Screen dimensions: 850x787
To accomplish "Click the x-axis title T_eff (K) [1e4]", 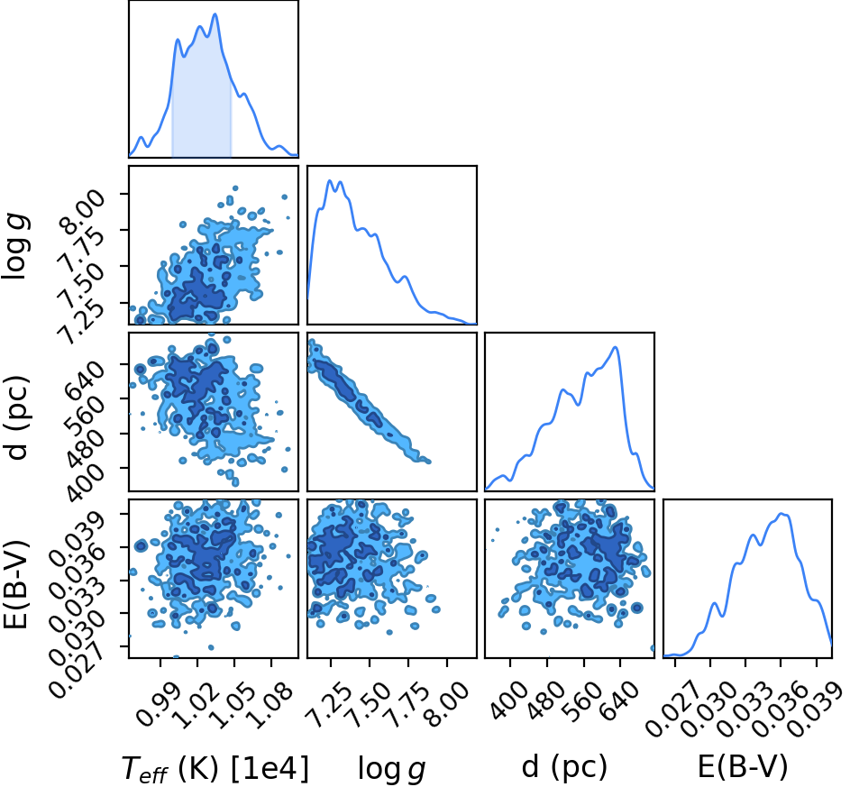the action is (215, 769).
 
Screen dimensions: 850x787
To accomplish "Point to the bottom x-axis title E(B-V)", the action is (742, 767).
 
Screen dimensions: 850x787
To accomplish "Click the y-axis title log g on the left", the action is (16, 247).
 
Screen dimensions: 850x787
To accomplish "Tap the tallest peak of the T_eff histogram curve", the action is (215, 14).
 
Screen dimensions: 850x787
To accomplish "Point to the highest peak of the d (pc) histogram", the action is (615, 347).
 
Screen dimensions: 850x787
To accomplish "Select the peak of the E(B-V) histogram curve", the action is (782, 514).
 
